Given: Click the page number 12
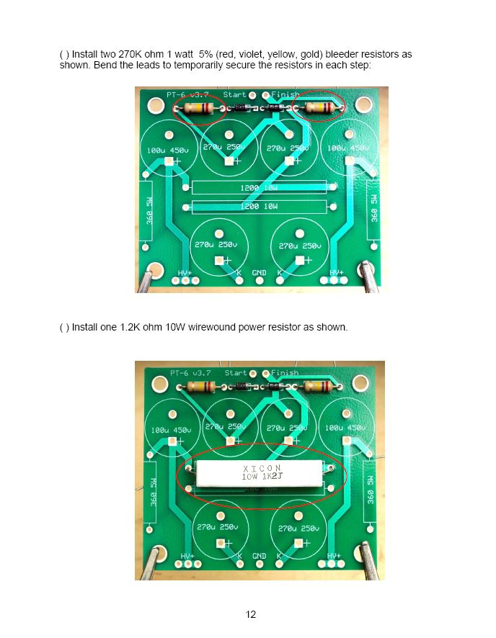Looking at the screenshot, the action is (251, 614).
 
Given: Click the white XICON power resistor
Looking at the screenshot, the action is (262, 473).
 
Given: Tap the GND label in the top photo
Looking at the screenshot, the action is (260, 273).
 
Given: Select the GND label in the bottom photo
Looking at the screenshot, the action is (260, 556).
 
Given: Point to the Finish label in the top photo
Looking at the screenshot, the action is (285, 94).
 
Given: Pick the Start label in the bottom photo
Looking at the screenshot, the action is (236, 373).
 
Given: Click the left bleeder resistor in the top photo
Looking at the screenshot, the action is (198, 108).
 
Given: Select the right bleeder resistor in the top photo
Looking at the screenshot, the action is (320, 107).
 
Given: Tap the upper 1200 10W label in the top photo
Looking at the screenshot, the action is (259, 187).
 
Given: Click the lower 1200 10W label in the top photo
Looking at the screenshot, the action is (259, 206).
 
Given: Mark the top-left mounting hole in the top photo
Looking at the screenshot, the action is (155, 105).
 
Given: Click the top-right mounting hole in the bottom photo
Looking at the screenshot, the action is (360, 383).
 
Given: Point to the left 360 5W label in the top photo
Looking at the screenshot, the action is (149, 211).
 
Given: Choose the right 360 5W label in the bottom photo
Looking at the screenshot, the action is (370, 490).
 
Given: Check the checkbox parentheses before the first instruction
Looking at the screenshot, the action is (64, 55).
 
